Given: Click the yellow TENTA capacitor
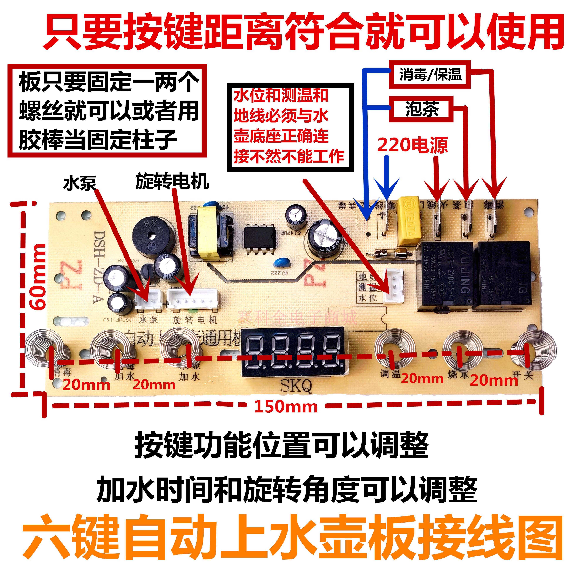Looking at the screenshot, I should click(x=409, y=220).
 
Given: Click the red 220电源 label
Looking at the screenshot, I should click(x=412, y=145).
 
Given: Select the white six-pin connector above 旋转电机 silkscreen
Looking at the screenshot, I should click(x=193, y=298).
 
